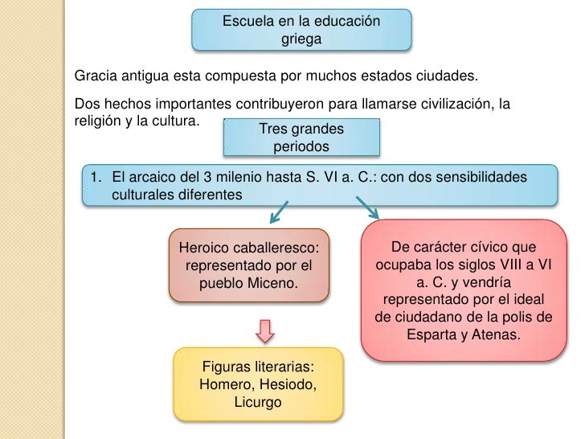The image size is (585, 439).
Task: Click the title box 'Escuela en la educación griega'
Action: click(x=301, y=29)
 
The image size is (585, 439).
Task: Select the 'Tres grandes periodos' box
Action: click(x=301, y=137)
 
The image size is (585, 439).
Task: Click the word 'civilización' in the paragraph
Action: click(x=448, y=105)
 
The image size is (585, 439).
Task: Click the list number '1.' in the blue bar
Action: click(x=96, y=177)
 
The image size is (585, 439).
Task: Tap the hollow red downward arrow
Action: click(x=265, y=330)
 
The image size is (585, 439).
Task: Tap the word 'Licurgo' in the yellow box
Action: click(x=257, y=401)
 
